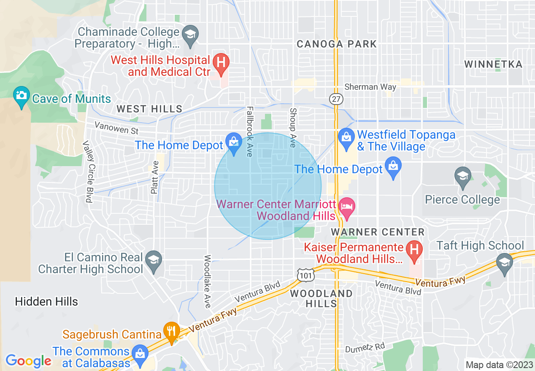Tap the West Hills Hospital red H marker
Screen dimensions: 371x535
click(220, 62)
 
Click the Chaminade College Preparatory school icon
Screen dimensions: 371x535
click(190, 34)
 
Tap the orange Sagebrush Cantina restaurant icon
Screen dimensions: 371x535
click(171, 331)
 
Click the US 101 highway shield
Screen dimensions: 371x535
click(305, 275)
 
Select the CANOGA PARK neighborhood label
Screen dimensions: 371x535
click(337, 44)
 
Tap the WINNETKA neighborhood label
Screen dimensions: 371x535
click(493, 64)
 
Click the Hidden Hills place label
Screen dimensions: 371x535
click(46, 301)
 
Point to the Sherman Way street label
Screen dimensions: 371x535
click(370, 87)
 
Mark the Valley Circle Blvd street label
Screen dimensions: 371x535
click(88, 172)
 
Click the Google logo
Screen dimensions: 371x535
click(28, 361)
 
